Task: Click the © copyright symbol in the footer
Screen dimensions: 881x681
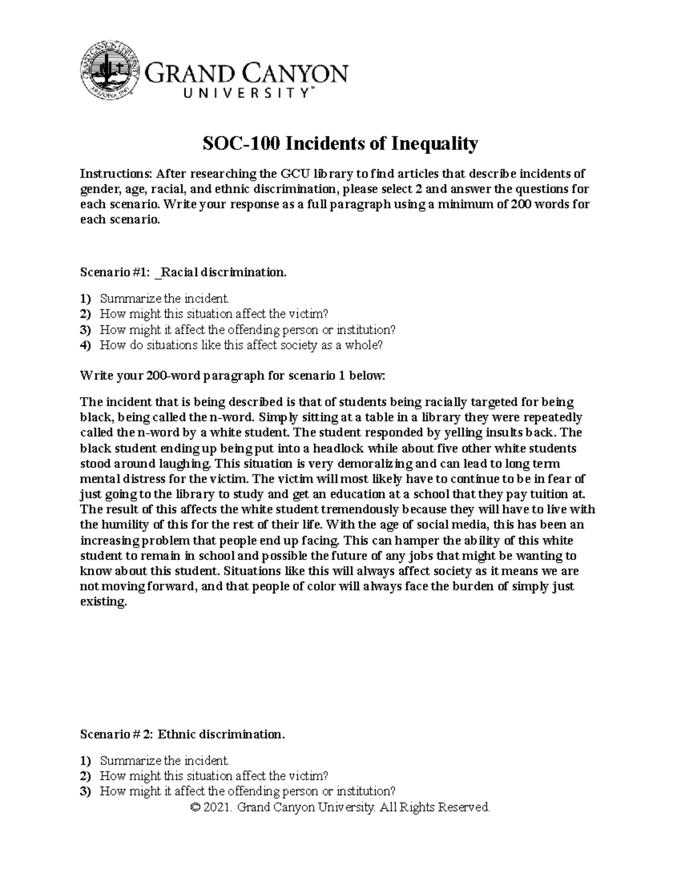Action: coord(197,807)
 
